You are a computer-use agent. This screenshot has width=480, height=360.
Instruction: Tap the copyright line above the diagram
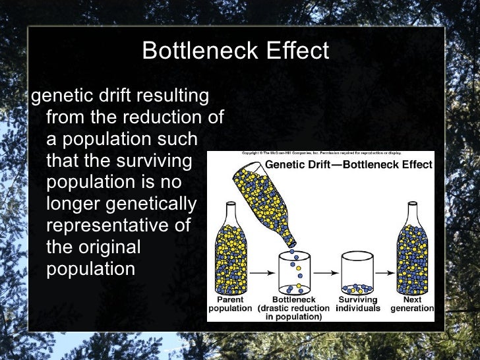[320, 154]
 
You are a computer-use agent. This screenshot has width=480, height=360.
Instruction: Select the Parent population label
[230, 303]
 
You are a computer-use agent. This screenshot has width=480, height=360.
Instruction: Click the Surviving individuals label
[358, 303]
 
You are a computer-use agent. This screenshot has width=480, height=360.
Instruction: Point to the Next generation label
[412, 303]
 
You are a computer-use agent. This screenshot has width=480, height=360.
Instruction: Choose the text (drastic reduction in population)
[294, 312]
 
